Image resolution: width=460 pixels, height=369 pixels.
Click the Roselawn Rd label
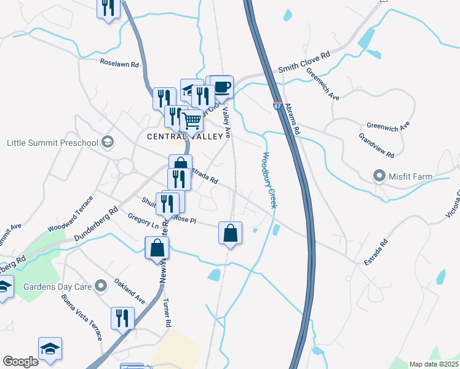pyautogui.click(x=120, y=63)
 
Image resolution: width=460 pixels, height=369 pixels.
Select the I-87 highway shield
pyautogui.click(x=277, y=106)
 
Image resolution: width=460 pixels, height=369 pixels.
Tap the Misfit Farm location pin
pyautogui.click(x=379, y=177)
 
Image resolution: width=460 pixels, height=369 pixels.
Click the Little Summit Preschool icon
pyautogui.click(x=108, y=143)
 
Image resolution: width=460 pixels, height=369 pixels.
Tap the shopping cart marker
pyautogui.click(x=192, y=121)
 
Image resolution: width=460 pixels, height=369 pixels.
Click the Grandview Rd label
pyautogui.click(x=376, y=146)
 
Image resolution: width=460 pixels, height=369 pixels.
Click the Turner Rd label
pyautogui.click(x=166, y=312)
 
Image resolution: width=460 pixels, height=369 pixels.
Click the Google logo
pyautogui.click(x=20, y=362)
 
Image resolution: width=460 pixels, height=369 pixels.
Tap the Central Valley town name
pyautogui.click(x=184, y=136)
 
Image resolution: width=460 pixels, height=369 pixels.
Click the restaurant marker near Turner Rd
pyautogui.click(x=122, y=318)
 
